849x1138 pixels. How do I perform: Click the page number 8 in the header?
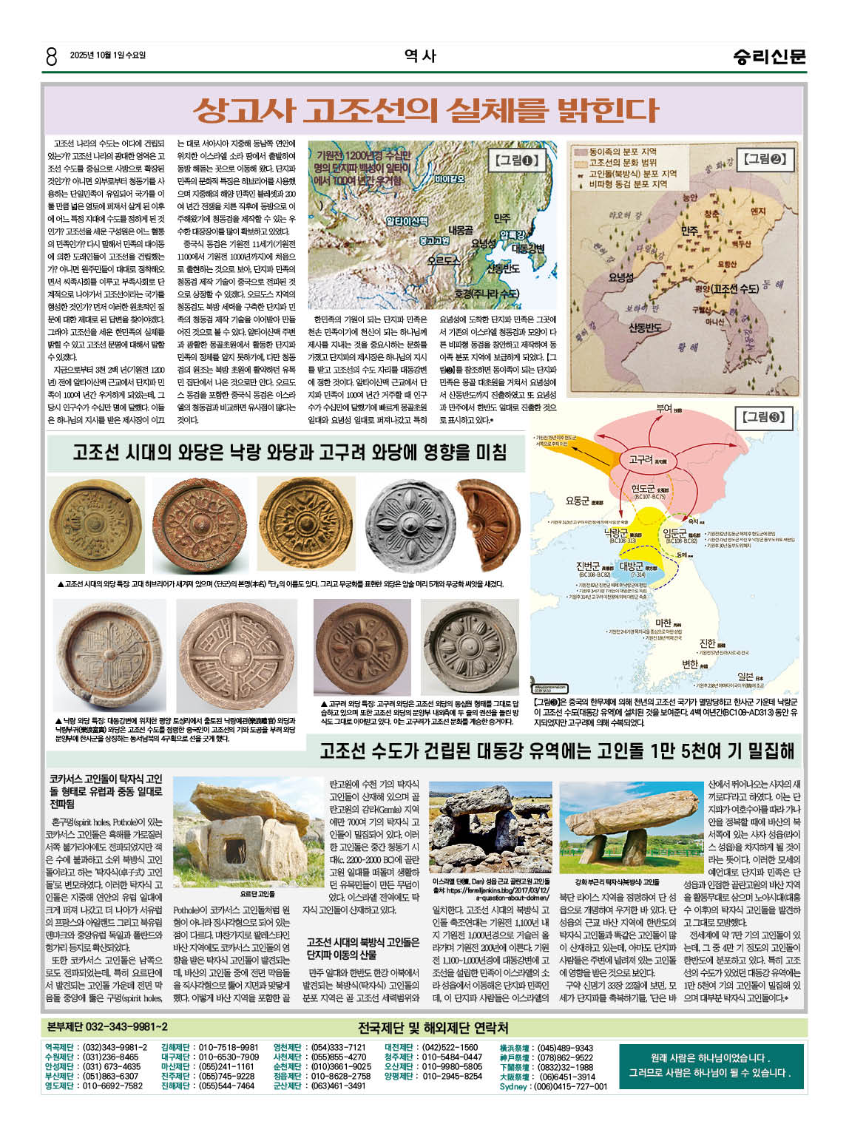50,56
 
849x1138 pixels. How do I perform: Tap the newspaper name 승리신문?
769,56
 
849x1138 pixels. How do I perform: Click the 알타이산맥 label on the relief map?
407,221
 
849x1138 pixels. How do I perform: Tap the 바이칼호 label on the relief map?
450,179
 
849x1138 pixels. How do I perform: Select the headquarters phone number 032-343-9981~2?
107,1027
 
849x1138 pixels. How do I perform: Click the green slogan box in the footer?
710,1066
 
